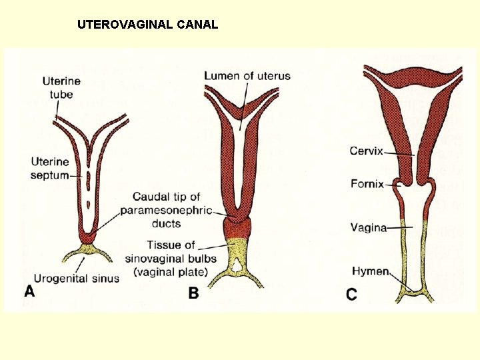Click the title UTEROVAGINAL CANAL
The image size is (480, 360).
point(147,25)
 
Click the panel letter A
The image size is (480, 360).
point(29,291)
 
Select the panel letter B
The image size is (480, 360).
point(193,293)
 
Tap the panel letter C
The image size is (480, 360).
point(351,293)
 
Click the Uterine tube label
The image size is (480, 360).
point(61,88)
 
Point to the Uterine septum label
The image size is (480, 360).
point(49,168)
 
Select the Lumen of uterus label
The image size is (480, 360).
point(247,75)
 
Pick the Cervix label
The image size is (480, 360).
point(366,151)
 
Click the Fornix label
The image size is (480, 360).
point(367,183)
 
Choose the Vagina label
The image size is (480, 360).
point(369,227)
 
